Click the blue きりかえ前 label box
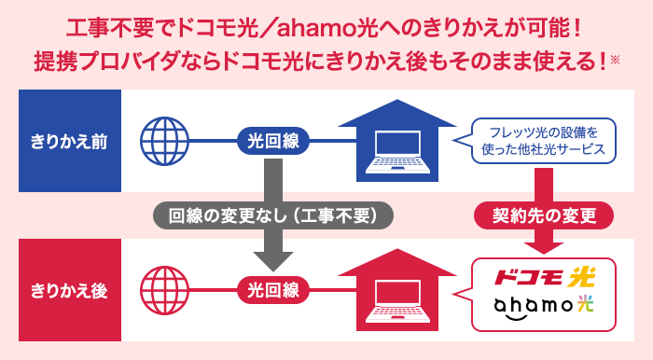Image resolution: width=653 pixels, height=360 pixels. coord(67,142)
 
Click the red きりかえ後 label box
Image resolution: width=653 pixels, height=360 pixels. coord(67,289)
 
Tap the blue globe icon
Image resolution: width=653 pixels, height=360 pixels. coord(163,142)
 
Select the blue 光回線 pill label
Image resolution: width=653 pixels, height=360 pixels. coord(272,142)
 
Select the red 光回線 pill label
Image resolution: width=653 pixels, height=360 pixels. coord(272,289)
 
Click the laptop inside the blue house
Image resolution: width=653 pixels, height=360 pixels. coord(397,152)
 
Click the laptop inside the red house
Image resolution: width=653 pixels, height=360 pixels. coord(397,298)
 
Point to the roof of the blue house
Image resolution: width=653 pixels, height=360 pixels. coord(397,113)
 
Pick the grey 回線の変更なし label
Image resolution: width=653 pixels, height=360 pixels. coord(273,215)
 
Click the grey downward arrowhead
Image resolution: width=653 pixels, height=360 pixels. coord(273,257)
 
